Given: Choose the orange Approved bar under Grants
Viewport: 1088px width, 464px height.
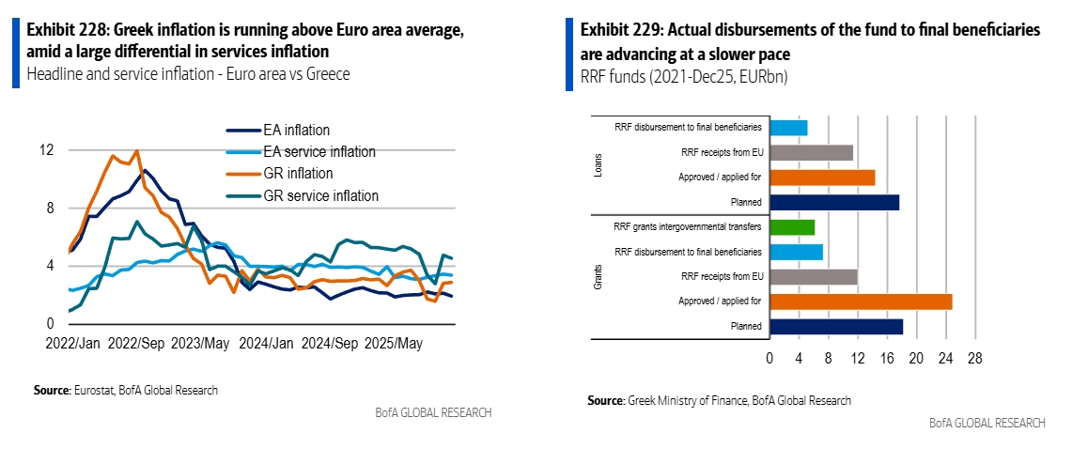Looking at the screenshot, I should point(861,302).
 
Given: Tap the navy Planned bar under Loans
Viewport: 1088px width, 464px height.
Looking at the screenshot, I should point(834,202).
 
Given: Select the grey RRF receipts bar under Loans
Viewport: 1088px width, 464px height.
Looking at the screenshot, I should point(811,152).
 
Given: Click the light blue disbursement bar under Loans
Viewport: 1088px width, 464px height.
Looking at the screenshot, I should point(788,128).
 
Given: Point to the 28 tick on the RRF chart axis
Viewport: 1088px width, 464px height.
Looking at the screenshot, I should point(975,358).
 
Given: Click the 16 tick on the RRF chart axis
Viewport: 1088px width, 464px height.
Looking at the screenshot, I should point(887,358).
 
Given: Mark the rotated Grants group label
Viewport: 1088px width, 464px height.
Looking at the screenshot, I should point(598,276).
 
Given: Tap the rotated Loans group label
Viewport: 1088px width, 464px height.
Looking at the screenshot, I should point(598,164).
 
